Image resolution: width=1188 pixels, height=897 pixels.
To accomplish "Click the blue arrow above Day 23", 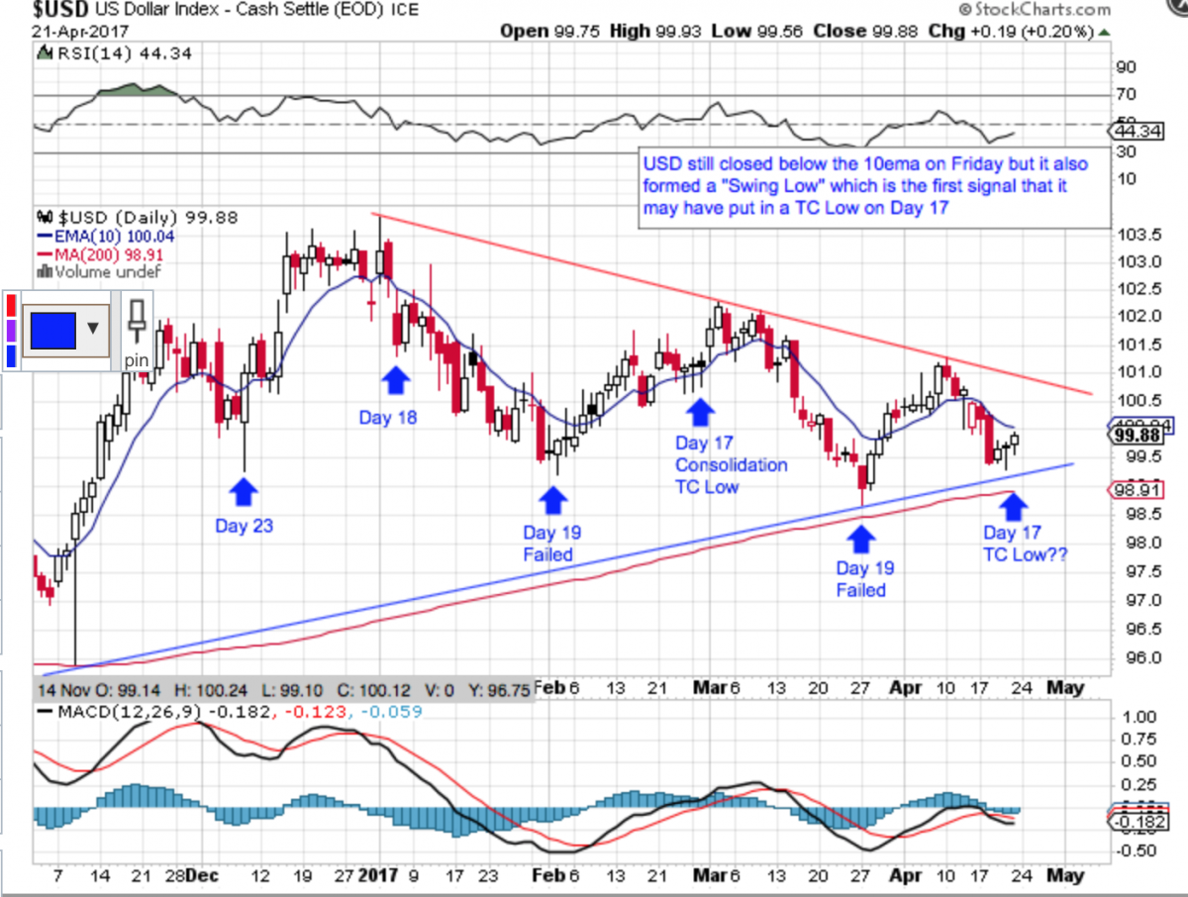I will (x=244, y=492).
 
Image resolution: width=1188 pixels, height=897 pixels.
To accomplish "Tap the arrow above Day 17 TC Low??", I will (x=1011, y=506).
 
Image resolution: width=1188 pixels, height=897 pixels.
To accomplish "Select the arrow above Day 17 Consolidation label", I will (x=700, y=410).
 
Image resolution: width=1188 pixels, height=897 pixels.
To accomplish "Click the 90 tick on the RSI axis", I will (x=1125, y=68).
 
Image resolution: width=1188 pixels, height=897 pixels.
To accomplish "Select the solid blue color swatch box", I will (x=52, y=328).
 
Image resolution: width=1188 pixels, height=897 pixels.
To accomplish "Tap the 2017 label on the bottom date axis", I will (x=379, y=875).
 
